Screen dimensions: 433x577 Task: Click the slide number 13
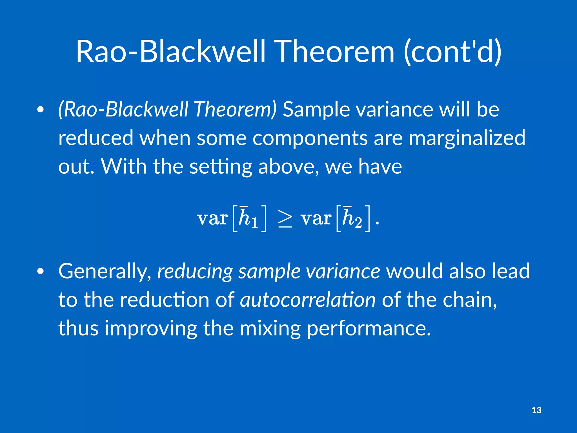coord(536,410)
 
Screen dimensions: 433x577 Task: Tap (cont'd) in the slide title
coord(452,51)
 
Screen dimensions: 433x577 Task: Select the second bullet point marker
coord(41,271)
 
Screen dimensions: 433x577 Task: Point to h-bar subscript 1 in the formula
coord(248,218)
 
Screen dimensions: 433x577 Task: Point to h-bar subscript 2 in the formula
coord(352,218)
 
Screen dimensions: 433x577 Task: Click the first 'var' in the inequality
coord(212,218)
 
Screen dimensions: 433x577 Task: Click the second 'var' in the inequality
coord(316,218)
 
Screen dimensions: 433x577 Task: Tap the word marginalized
coord(467,138)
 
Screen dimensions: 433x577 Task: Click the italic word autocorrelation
coord(308,300)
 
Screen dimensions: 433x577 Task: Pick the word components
coord(310,138)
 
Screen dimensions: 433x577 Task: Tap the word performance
coord(369,328)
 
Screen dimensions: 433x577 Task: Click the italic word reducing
coord(195,271)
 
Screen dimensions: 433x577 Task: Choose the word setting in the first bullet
coord(221,166)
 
